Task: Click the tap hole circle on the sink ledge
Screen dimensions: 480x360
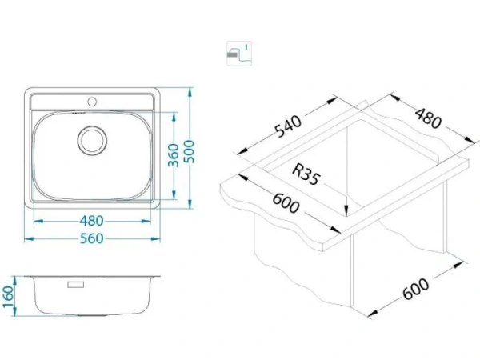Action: point(92,102)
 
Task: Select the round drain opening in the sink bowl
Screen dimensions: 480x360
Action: point(92,140)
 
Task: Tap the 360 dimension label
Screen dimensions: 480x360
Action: point(174,155)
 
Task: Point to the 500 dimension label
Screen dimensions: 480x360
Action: point(190,151)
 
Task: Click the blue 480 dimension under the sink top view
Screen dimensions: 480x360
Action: point(92,221)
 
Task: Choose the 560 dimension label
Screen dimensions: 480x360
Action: point(92,238)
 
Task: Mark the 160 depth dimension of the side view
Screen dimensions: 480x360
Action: point(7,297)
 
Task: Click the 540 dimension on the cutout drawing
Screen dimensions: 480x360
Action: point(289,126)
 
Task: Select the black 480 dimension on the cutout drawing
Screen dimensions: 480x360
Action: point(428,118)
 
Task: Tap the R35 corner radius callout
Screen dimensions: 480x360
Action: point(306,174)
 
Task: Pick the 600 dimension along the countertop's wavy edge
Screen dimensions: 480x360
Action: point(286,203)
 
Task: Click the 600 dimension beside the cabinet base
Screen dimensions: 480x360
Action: point(416,289)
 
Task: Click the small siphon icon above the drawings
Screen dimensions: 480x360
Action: point(239,54)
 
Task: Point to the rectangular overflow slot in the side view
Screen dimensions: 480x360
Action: point(76,285)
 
